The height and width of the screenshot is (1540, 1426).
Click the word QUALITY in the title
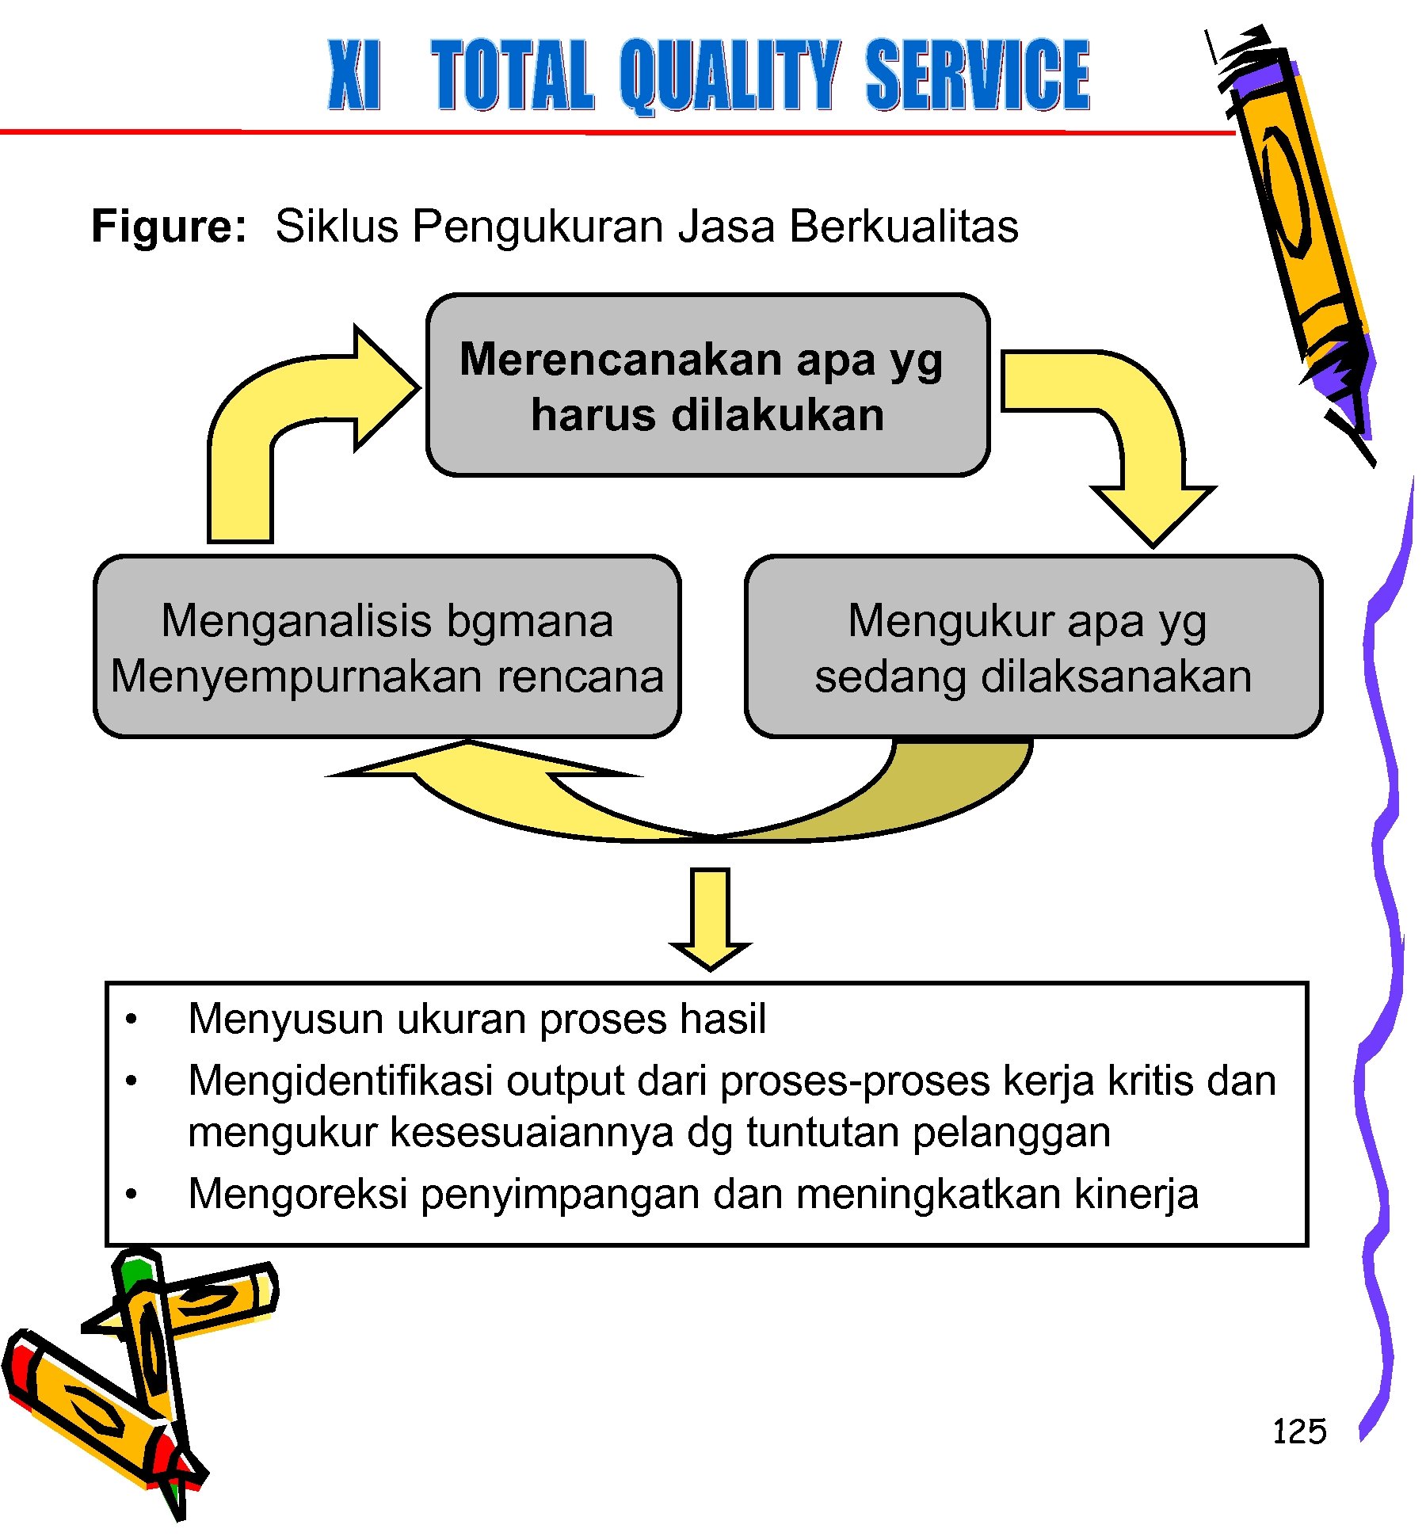pos(729,75)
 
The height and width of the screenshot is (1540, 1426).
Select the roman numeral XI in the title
pos(354,75)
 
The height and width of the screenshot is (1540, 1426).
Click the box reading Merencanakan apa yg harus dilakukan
pos(707,386)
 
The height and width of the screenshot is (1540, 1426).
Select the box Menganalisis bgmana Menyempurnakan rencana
pos(387,647)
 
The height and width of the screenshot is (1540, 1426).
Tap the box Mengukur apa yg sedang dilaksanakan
pos(1033,647)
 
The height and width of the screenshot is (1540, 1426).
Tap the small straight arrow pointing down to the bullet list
pos(710,919)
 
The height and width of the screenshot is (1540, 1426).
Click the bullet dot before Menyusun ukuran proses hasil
pos(132,1020)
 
